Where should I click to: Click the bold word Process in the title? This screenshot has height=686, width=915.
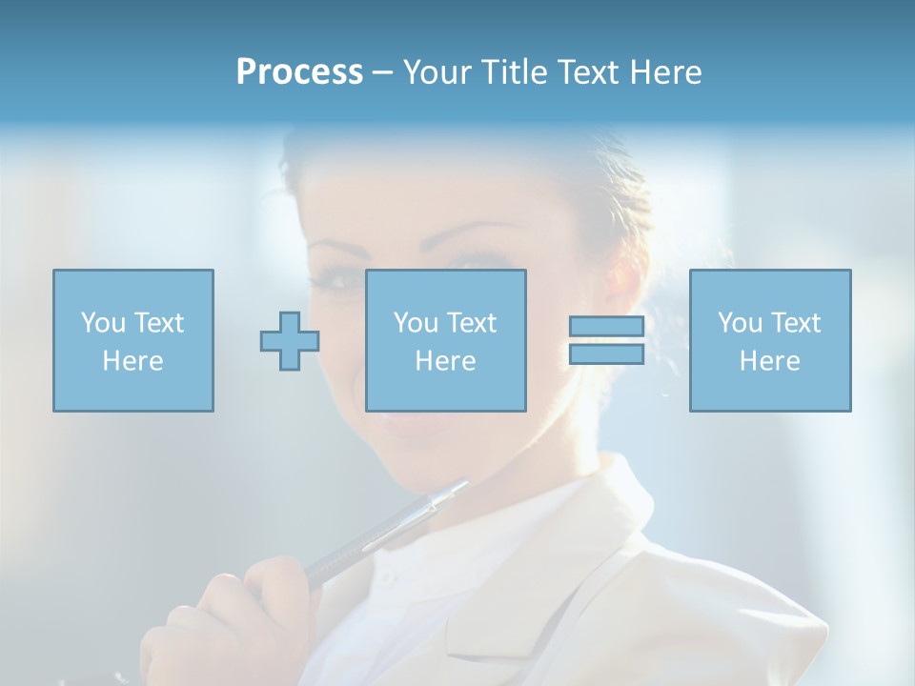[299, 72]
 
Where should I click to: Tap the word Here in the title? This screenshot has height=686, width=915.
[665, 72]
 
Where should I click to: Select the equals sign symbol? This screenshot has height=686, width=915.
[606, 340]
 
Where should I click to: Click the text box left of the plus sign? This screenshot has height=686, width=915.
[133, 340]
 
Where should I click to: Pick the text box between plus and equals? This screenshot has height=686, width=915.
[445, 340]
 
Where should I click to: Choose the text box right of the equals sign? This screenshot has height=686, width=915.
[769, 340]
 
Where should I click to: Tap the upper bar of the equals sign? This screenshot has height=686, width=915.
[606, 327]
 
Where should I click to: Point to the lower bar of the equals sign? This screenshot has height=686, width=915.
[606, 353]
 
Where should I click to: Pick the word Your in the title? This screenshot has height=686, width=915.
[435, 72]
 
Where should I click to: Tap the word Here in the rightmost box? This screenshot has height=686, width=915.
[769, 361]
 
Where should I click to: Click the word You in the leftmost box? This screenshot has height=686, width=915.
[103, 323]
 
